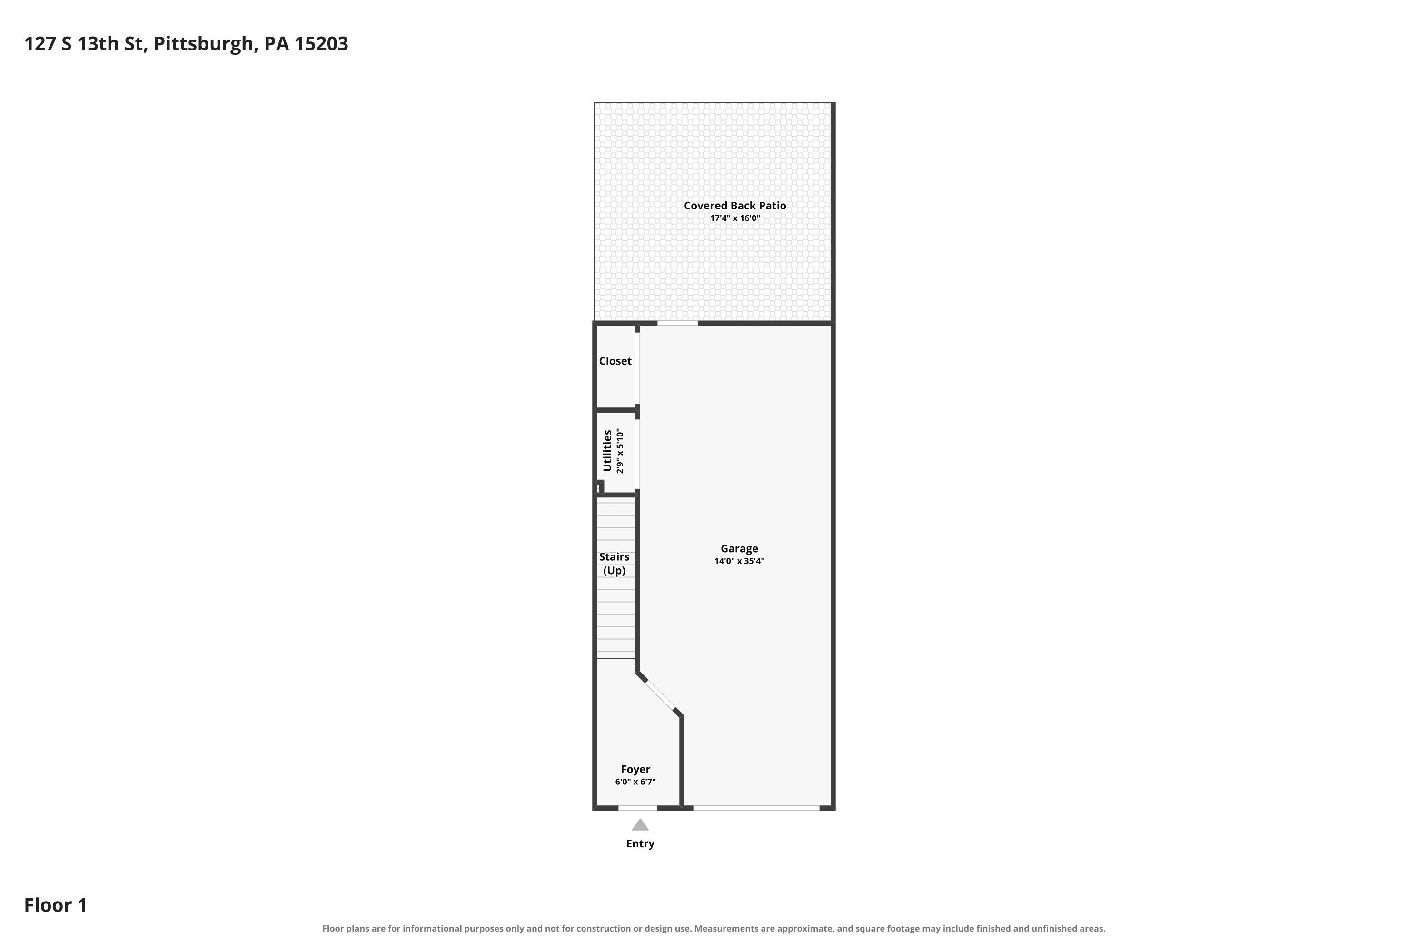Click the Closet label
(615, 361)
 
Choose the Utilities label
(607, 450)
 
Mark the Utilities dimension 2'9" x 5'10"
(619, 451)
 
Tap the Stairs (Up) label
(614, 564)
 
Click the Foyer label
(635, 769)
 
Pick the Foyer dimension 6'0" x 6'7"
(635, 782)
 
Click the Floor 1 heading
(55, 905)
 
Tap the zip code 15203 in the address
(321, 44)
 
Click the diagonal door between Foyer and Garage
(660, 695)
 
